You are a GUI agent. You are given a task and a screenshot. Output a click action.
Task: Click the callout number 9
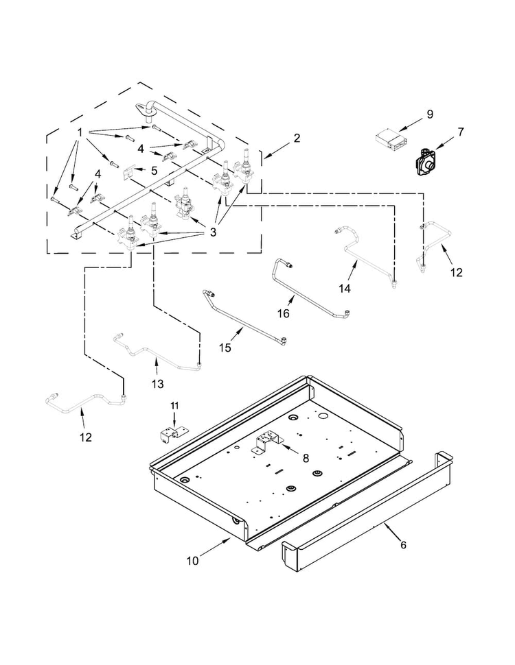click(x=430, y=114)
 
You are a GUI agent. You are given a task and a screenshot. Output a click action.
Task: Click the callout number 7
click(x=461, y=131)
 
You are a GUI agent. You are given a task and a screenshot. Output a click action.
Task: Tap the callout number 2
click(x=296, y=138)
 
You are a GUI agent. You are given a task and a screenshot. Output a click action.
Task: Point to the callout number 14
click(x=344, y=289)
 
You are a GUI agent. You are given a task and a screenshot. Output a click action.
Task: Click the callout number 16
click(x=283, y=313)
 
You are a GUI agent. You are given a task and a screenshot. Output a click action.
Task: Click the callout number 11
click(x=174, y=407)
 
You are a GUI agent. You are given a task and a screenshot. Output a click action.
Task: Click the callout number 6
click(x=403, y=546)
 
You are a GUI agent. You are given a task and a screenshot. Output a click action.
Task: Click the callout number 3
click(x=213, y=232)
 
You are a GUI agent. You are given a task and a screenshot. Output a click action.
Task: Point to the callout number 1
click(x=80, y=132)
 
